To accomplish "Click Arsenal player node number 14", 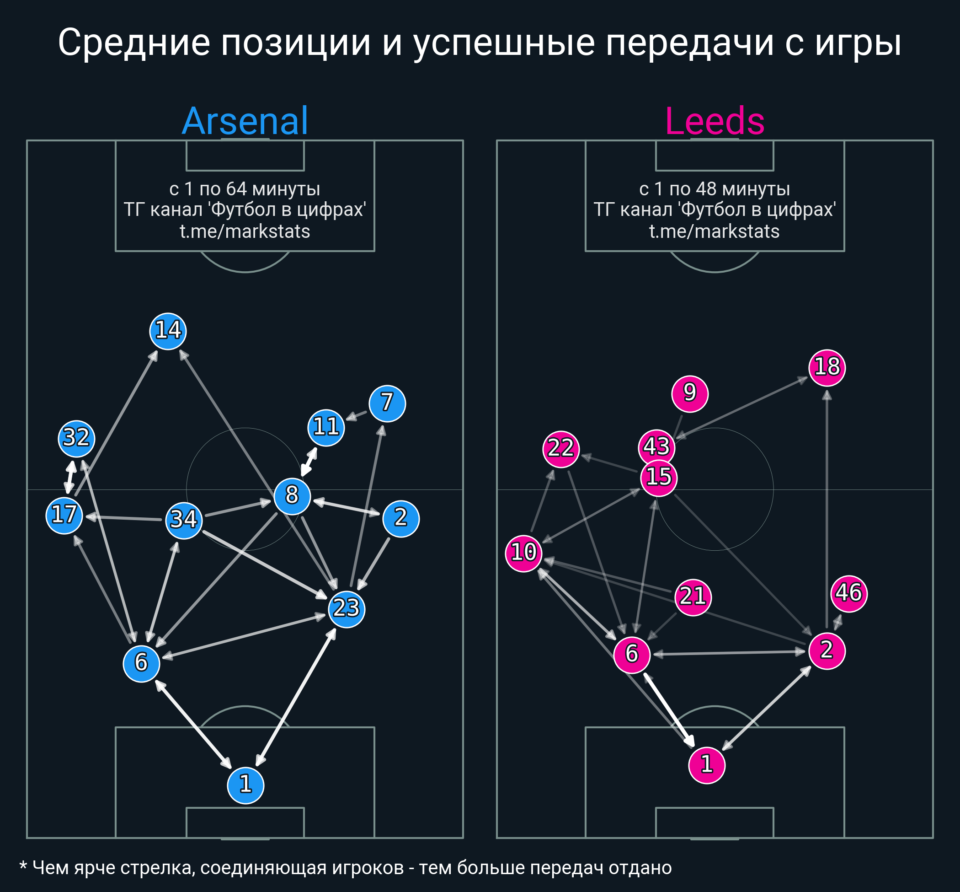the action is pos(168,331).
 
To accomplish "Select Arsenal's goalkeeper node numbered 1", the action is pos(245,785).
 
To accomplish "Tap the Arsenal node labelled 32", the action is pos(77,439).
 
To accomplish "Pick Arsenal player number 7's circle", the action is pos(387,403).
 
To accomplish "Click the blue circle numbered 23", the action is pos(347,609).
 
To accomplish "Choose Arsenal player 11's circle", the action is pos(326,428).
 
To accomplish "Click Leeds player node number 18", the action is pos(827,368).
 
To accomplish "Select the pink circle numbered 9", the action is pos(690,394).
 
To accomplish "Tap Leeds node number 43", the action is pos(656,447).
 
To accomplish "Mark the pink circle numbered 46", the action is pos(849,594).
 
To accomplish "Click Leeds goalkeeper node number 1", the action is pos(707,765).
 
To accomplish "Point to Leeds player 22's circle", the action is pos(561,449).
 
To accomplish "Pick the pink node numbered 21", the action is pos(693,597).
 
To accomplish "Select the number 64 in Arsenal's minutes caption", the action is pos(236,189).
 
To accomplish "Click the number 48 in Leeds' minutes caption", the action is pos(706,189).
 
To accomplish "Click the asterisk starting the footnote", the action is pos(23,865).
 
